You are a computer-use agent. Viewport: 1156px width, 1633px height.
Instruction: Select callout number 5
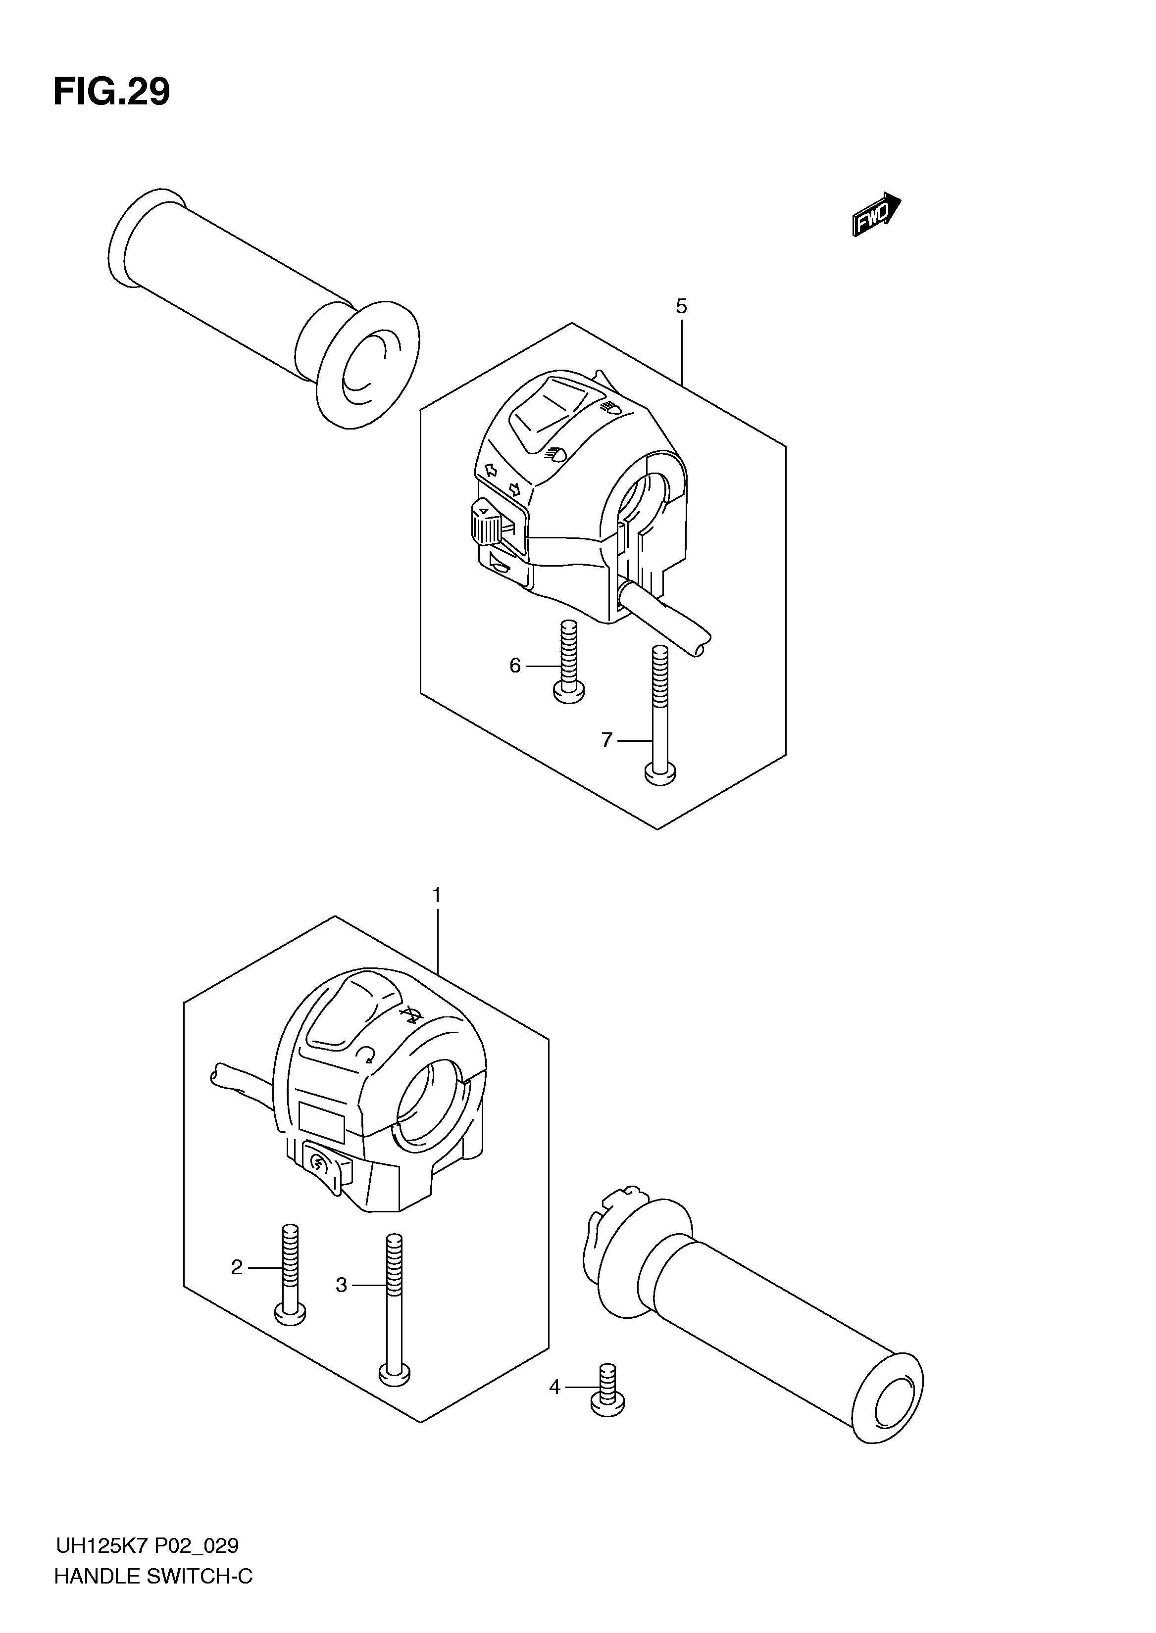681,307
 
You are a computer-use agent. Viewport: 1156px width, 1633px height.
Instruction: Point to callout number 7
606,741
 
